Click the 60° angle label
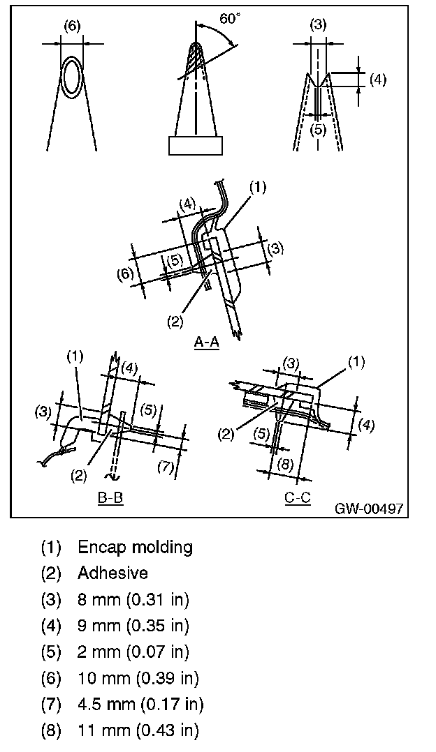tap(229, 19)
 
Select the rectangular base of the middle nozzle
tap(196, 145)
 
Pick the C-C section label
tap(298, 498)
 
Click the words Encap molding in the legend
tap(135, 547)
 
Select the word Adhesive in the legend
tap(112, 573)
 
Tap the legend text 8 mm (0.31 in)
tap(133, 599)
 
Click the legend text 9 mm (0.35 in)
tap(133, 626)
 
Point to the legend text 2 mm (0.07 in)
tap(133, 652)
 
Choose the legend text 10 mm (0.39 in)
tap(138, 678)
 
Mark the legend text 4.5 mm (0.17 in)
tap(140, 705)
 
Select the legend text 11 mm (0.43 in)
tap(138, 730)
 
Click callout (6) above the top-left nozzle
tap(72, 27)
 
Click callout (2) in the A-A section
tap(175, 322)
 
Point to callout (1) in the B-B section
tap(75, 356)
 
